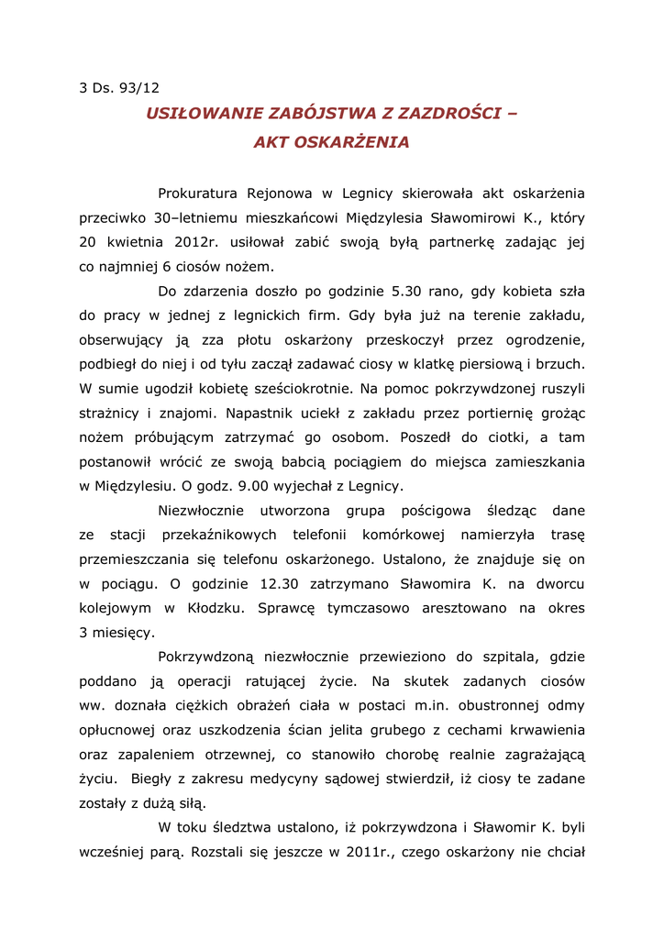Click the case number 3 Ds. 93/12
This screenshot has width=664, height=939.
pos(119,88)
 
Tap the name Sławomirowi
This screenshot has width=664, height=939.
pos(496,218)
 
